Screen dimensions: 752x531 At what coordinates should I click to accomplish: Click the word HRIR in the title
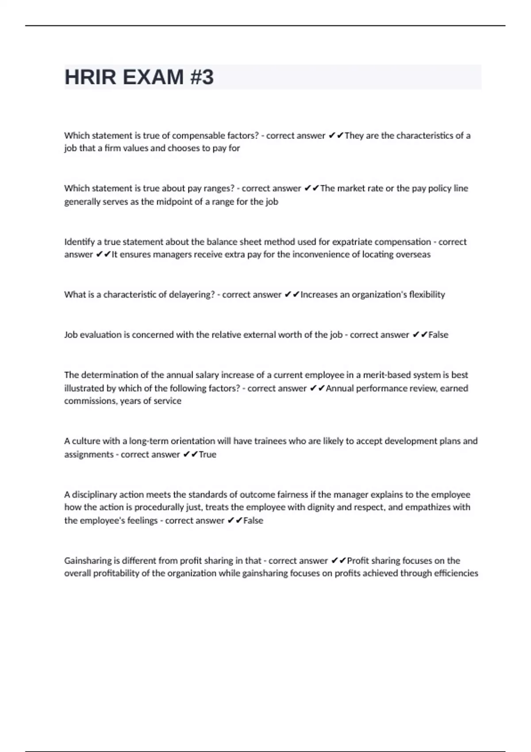click(91, 77)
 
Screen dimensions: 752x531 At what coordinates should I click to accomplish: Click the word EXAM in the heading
click(153, 77)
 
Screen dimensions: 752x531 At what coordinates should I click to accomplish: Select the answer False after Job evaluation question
click(438, 335)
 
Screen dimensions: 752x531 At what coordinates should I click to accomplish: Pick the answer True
click(208, 454)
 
